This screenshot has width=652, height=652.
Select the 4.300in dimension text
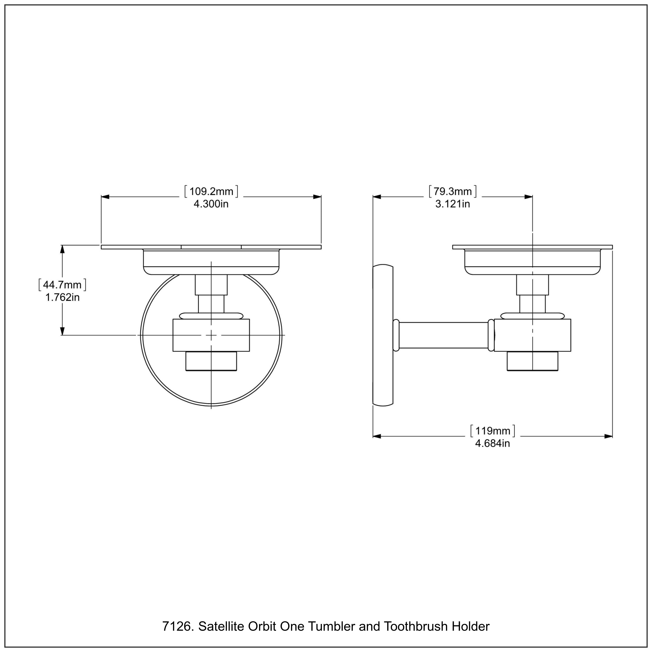[x=211, y=204]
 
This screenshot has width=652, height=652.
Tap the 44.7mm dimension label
[x=62, y=285]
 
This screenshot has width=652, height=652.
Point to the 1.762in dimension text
[x=62, y=297]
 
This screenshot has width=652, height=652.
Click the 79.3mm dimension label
[x=452, y=191]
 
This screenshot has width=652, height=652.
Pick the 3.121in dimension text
[x=452, y=204]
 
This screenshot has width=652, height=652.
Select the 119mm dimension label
[x=493, y=431]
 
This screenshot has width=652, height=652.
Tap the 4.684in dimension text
[x=492, y=443]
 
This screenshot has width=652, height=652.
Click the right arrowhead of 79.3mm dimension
[x=529, y=197]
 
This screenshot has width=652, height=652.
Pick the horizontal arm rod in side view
[x=444, y=335]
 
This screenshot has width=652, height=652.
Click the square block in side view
[x=532, y=335]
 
